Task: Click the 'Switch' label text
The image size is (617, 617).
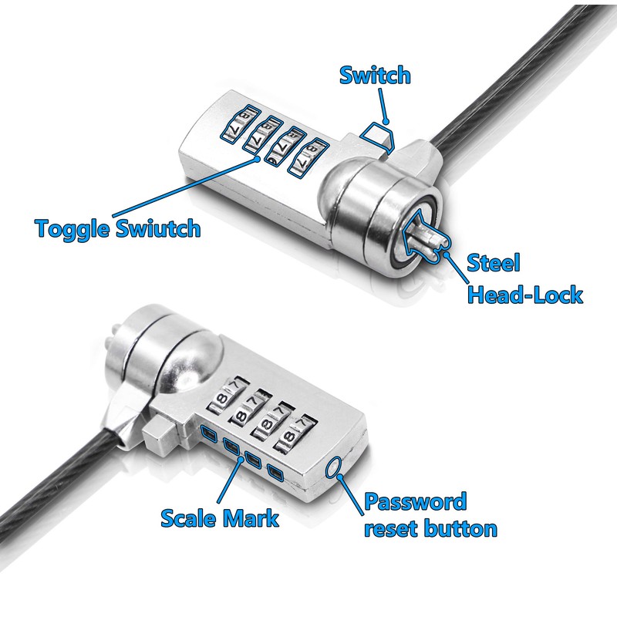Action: (375, 76)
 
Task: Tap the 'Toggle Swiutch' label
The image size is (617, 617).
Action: (118, 228)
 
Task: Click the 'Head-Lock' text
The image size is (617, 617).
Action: (525, 295)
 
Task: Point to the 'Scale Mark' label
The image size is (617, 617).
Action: (220, 517)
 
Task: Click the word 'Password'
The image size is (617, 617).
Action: (415, 502)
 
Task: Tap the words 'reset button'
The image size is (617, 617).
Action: (430, 529)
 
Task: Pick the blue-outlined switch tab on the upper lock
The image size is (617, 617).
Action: (379, 137)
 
